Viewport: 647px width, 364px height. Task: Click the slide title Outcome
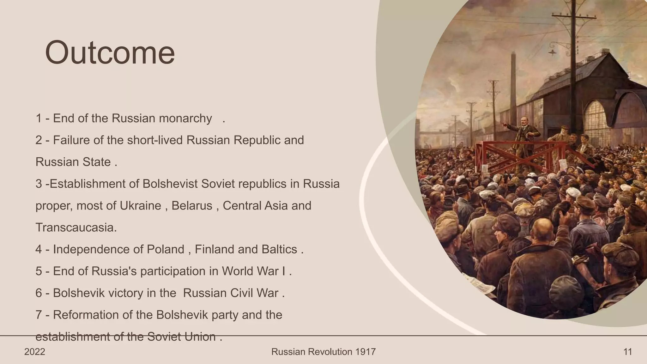[x=110, y=52]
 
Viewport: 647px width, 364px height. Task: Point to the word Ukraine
[x=140, y=206]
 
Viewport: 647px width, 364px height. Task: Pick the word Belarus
[x=192, y=206]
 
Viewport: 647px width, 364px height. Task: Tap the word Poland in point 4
[x=165, y=249]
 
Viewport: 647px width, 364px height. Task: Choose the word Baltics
[x=279, y=249]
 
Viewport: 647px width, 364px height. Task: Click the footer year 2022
[x=35, y=352]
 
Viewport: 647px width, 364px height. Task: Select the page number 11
[x=628, y=352]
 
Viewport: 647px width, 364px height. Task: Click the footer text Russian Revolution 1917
[x=323, y=352]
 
